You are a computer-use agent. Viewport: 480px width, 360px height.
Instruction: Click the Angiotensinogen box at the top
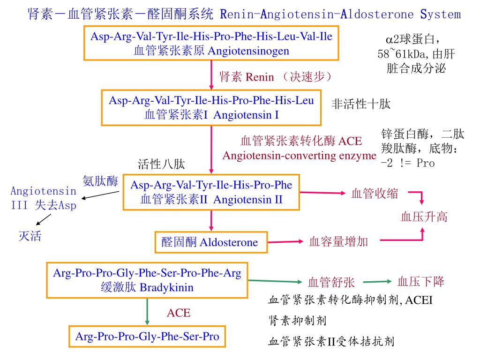click(211, 44)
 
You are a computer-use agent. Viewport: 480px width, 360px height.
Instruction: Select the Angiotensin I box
click(211, 108)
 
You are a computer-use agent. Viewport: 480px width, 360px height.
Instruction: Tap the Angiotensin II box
click(211, 193)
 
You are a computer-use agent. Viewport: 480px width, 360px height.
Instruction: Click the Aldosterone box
click(210, 242)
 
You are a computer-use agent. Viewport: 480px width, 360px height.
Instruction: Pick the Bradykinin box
click(147, 280)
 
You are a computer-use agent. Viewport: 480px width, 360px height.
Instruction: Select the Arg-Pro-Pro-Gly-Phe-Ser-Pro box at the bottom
click(147, 336)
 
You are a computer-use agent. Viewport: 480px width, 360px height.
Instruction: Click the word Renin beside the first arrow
click(260, 77)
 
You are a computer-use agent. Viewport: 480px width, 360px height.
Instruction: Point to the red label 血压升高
click(424, 217)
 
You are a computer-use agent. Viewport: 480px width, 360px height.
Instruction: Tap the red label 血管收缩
click(375, 193)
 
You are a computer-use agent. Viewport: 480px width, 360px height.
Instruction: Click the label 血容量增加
click(338, 242)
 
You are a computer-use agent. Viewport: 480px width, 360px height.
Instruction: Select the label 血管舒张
click(331, 282)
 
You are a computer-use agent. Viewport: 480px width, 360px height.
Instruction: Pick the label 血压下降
click(420, 281)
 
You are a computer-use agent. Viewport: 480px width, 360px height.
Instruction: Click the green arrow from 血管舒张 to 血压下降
click(377, 282)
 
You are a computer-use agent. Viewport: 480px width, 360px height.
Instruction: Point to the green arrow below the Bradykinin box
click(147, 312)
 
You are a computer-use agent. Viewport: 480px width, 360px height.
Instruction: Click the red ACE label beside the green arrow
click(179, 313)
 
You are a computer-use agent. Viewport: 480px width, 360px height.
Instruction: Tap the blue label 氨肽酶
click(100, 181)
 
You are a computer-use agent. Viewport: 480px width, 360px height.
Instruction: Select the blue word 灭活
click(30, 236)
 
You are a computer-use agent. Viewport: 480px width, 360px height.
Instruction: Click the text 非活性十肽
click(360, 104)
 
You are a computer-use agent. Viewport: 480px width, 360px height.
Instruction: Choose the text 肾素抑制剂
click(297, 321)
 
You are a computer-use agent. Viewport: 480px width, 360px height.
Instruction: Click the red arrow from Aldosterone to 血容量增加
click(285, 242)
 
